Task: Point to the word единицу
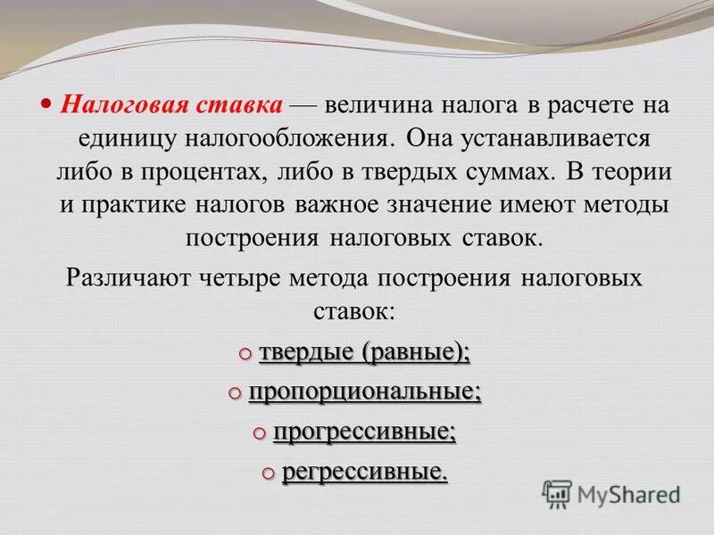tap(122, 139)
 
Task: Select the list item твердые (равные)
tap(364, 352)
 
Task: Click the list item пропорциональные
tap(364, 391)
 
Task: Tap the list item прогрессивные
tap(364, 432)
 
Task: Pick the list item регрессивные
tap(364, 472)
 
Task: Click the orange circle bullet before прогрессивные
tap(258, 432)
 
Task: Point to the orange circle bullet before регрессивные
tap(268, 472)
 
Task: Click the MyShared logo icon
tap(557, 493)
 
